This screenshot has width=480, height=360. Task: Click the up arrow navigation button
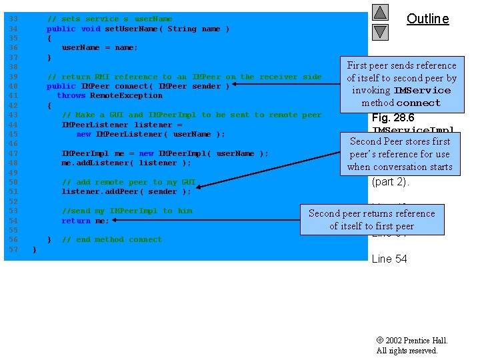(x=380, y=12)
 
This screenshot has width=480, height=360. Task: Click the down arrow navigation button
(x=380, y=31)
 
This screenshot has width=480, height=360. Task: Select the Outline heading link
(x=427, y=19)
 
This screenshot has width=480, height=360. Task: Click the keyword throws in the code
(x=71, y=95)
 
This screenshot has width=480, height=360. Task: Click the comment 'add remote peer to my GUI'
(x=129, y=182)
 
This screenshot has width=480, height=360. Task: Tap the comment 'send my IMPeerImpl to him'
(x=127, y=211)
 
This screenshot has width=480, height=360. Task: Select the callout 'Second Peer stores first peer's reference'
(x=399, y=154)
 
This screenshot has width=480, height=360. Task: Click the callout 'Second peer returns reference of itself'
(x=371, y=219)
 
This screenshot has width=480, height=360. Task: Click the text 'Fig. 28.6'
(x=393, y=118)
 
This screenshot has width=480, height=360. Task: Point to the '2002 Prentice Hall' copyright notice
(x=411, y=341)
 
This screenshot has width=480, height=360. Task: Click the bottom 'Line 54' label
(x=389, y=259)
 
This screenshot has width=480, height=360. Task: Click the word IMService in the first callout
(x=422, y=91)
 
